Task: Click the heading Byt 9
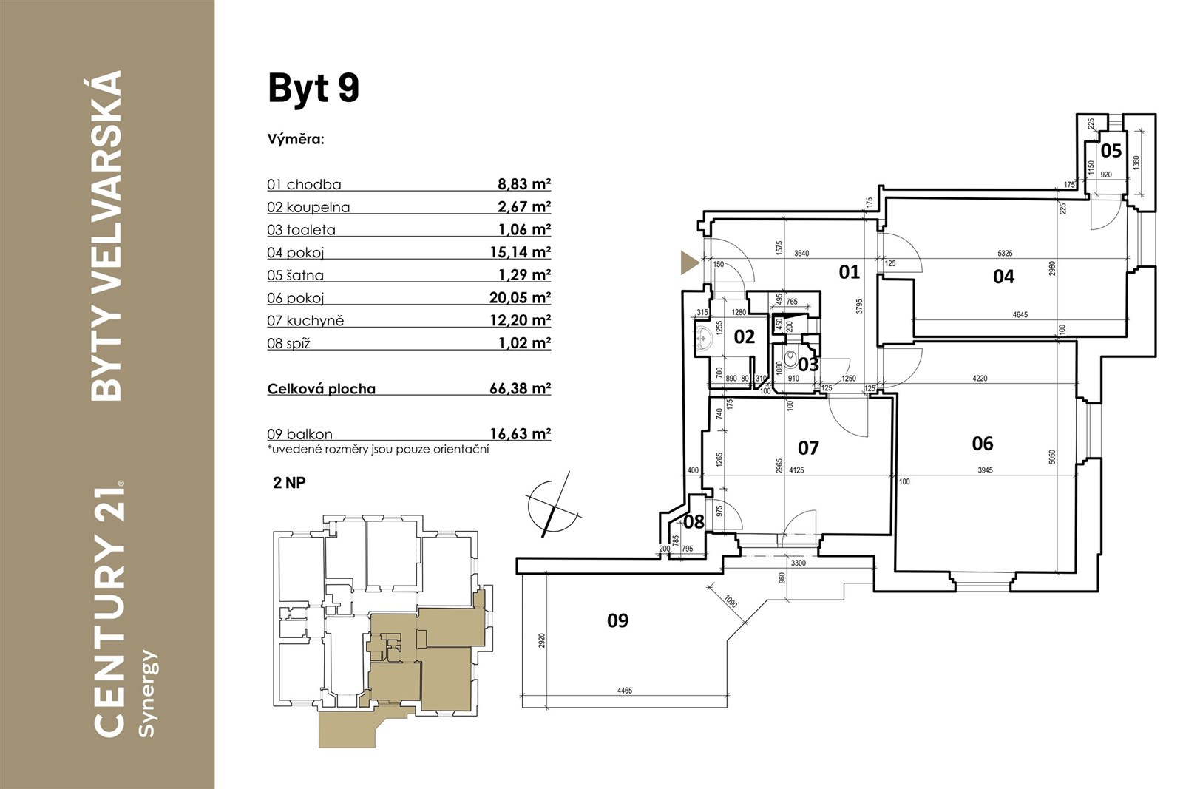point(313,88)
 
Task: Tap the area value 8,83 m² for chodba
point(524,184)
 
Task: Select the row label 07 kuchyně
point(305,321)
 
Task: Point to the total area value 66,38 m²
point(521,388)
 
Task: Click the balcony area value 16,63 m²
point(521,433)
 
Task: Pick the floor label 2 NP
point(289,483)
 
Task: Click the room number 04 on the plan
point(1003,277)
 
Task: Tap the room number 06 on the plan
point(983,444)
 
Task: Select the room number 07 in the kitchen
point(808,448)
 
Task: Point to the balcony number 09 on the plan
point(617,620)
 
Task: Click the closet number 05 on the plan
point(1111,151)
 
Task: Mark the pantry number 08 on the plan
point(694,522)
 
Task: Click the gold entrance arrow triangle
point(689,263)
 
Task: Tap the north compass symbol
point(553,505)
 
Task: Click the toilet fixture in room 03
point(791,359)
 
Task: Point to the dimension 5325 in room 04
point(1005,254)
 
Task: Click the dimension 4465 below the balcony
point(624,690)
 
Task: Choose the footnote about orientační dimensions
point(378,450)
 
